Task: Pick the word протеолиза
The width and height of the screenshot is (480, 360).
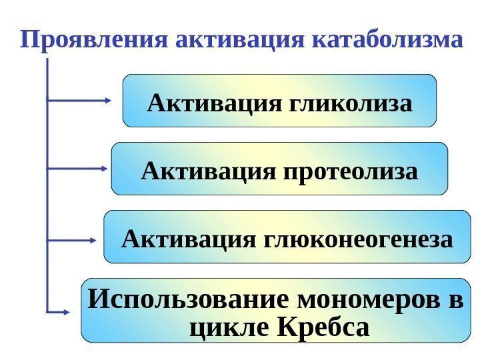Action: [351, 172]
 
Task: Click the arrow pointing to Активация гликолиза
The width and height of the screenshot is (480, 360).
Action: [80, 101]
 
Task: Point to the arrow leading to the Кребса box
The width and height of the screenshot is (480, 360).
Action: [59, 311]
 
